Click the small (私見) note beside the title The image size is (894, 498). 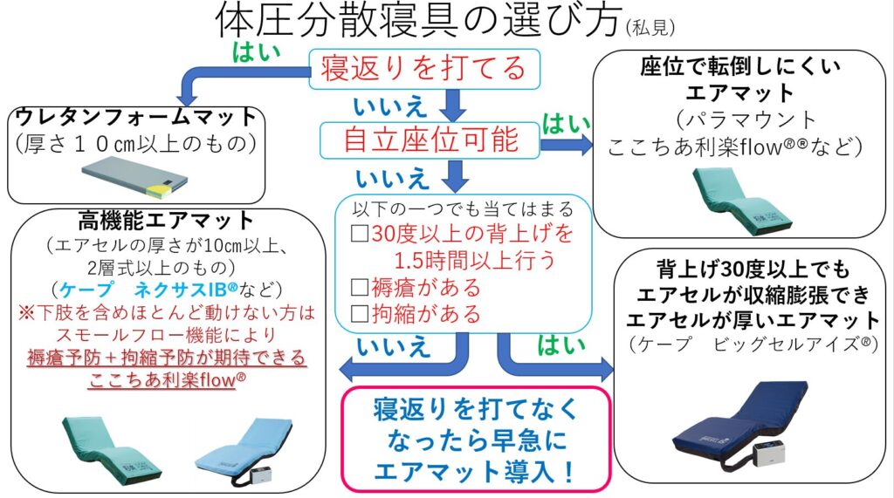pyautogui.click(x=650, y=29)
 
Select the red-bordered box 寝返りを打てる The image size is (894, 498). pyautogui.click(x=424, y=68)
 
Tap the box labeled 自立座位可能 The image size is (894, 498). pyautogui.click(x=430, y=139)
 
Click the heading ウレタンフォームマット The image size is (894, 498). pyautogui.click(x=136, y=116)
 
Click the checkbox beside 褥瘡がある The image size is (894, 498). pyautogui.click(x=357, y=287)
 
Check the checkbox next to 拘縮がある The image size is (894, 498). pyautogui.click(x=357, y=312)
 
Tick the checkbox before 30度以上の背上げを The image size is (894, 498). pyautogui.click(x=357, y=234)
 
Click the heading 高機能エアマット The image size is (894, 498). pyautogui.click(x=165, y=222)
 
